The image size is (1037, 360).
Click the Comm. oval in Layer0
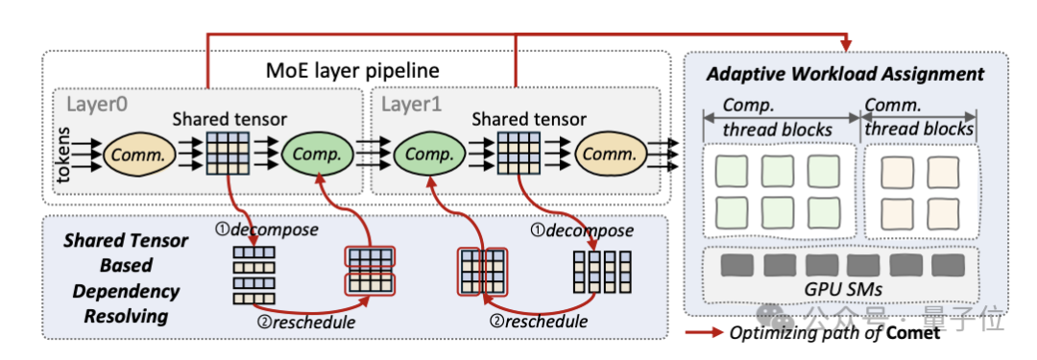(138, 155)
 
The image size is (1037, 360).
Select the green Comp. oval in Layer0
(316, 155)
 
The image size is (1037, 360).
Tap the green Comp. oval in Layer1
(426, 155)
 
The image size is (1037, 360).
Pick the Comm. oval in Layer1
(610, 155)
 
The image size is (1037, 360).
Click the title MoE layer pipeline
(351, 70)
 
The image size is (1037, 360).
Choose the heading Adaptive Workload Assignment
(846, 74)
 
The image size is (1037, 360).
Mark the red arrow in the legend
(704, 333)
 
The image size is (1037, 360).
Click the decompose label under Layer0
(266, 230)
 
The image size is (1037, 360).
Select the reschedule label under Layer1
(537, 323)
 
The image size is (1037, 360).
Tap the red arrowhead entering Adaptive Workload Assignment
(847, 44)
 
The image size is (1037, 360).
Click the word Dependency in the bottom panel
(126, 291)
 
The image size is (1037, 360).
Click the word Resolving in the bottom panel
(126, 316)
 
